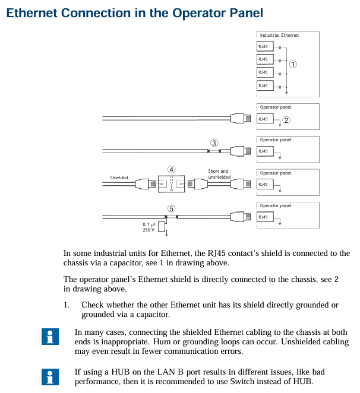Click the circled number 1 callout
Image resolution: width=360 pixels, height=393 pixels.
(x=293, y=64)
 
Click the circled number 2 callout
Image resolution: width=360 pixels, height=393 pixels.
(x=286, y=119)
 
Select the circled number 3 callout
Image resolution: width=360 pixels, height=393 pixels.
(x=214, y=142)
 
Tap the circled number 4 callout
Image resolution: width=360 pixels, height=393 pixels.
(x=171, y=170)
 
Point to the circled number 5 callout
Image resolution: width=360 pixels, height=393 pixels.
(x=171, y=208)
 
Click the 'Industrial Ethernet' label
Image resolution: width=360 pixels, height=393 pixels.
(x=279, y=36)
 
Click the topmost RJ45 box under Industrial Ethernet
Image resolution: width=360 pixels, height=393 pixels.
(x=265, y=46)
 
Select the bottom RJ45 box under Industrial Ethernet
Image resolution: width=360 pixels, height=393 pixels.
(x=265, y=86)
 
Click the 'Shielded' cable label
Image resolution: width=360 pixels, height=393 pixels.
(x=119, y=178)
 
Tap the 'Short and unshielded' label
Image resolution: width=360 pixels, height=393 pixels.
(x=218, y=174)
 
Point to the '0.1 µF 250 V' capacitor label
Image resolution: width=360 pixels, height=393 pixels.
(x=149, y=227)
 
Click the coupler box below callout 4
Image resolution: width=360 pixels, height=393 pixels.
(x=171, y=184)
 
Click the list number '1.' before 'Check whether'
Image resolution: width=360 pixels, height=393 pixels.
(x=68, y=305)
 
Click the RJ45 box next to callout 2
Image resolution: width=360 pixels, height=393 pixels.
(x=265, y=119)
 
